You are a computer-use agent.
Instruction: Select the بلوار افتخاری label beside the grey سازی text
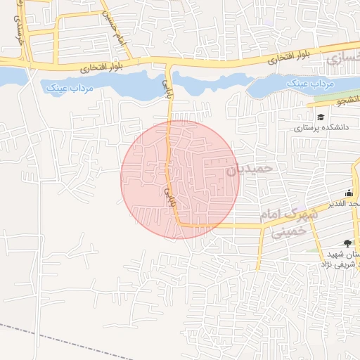292,58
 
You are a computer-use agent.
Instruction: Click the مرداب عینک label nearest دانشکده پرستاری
308,84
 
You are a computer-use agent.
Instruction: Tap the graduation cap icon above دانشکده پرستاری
321,117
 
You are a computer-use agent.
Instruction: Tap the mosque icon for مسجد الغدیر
349,193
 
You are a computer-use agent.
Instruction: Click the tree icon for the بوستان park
347,243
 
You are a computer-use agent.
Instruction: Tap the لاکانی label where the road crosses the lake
167,87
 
